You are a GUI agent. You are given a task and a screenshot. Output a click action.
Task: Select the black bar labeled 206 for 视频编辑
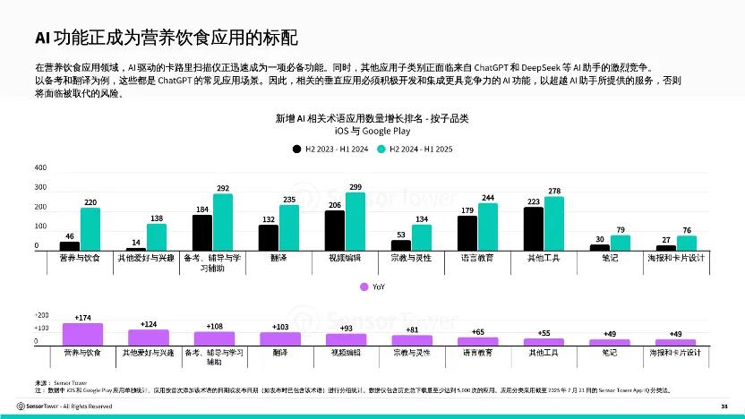coord(335,230)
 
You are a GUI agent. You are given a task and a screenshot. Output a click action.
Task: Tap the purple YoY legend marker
coord(364,287)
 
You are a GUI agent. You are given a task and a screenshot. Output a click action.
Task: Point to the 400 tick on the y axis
coord(40,168)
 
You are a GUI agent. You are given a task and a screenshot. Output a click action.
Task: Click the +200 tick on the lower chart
coord(41,316)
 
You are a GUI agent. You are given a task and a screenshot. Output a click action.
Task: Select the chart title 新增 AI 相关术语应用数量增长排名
coord(372,118)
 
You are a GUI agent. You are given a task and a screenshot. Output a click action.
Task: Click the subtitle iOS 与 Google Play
coord(372,131)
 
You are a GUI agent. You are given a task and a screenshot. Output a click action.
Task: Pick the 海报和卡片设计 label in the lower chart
coord(676,353)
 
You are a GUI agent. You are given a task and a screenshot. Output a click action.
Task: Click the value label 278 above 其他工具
coord(554,192)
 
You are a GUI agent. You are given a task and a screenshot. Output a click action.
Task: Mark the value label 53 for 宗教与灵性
coord(400,235)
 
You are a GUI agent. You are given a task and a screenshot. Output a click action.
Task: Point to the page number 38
coord(724,406)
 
